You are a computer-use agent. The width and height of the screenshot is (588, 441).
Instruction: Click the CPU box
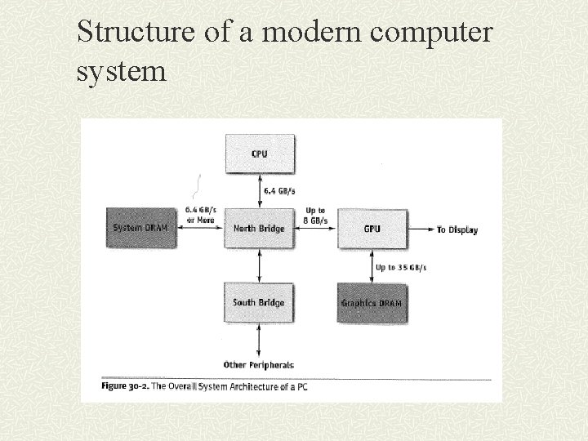(259, 154)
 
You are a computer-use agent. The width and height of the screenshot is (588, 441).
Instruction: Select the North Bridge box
(259, 228)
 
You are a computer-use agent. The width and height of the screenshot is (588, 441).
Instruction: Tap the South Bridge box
(259, 302)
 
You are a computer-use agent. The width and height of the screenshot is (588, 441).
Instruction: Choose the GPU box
(372, 229)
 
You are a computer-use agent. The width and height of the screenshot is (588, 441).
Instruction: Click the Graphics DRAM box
(372, 303)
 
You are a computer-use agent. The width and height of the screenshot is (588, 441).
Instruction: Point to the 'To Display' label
(457, 229)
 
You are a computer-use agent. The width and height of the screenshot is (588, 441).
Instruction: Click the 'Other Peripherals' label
(259, 364)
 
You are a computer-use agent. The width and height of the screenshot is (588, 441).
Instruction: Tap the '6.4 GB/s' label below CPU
(280, 192)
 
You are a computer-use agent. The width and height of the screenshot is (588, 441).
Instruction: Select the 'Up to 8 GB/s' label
(316, 216)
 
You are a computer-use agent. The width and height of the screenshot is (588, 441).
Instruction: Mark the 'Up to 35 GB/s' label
(400, 267)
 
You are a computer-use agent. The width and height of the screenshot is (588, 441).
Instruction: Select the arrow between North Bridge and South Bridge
(259, 265)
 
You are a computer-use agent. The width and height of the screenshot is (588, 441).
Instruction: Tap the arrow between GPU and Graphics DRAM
(372, 265)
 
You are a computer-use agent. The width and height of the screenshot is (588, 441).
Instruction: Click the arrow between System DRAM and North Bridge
(199, 229)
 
